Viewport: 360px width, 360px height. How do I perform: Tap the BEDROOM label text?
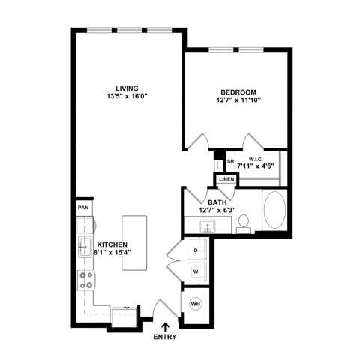click(x=236, y=90)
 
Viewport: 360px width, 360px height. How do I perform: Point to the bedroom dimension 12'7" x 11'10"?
click(x=236, y=99)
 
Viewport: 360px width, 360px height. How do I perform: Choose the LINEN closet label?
click(x=226, y=179)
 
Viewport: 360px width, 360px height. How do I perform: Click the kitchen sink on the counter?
click(x=85, y=244)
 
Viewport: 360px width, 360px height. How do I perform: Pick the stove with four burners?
click(x=85, y=280)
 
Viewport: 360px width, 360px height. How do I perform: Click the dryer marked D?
click(x=195, y=250)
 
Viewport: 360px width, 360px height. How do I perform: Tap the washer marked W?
click(x=195, y=271)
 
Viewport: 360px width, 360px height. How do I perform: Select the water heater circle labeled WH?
click(x=196, y=304)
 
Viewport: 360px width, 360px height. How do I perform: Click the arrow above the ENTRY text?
click(x=165, y=326)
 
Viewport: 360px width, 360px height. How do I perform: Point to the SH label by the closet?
click(x=231, y=161)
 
